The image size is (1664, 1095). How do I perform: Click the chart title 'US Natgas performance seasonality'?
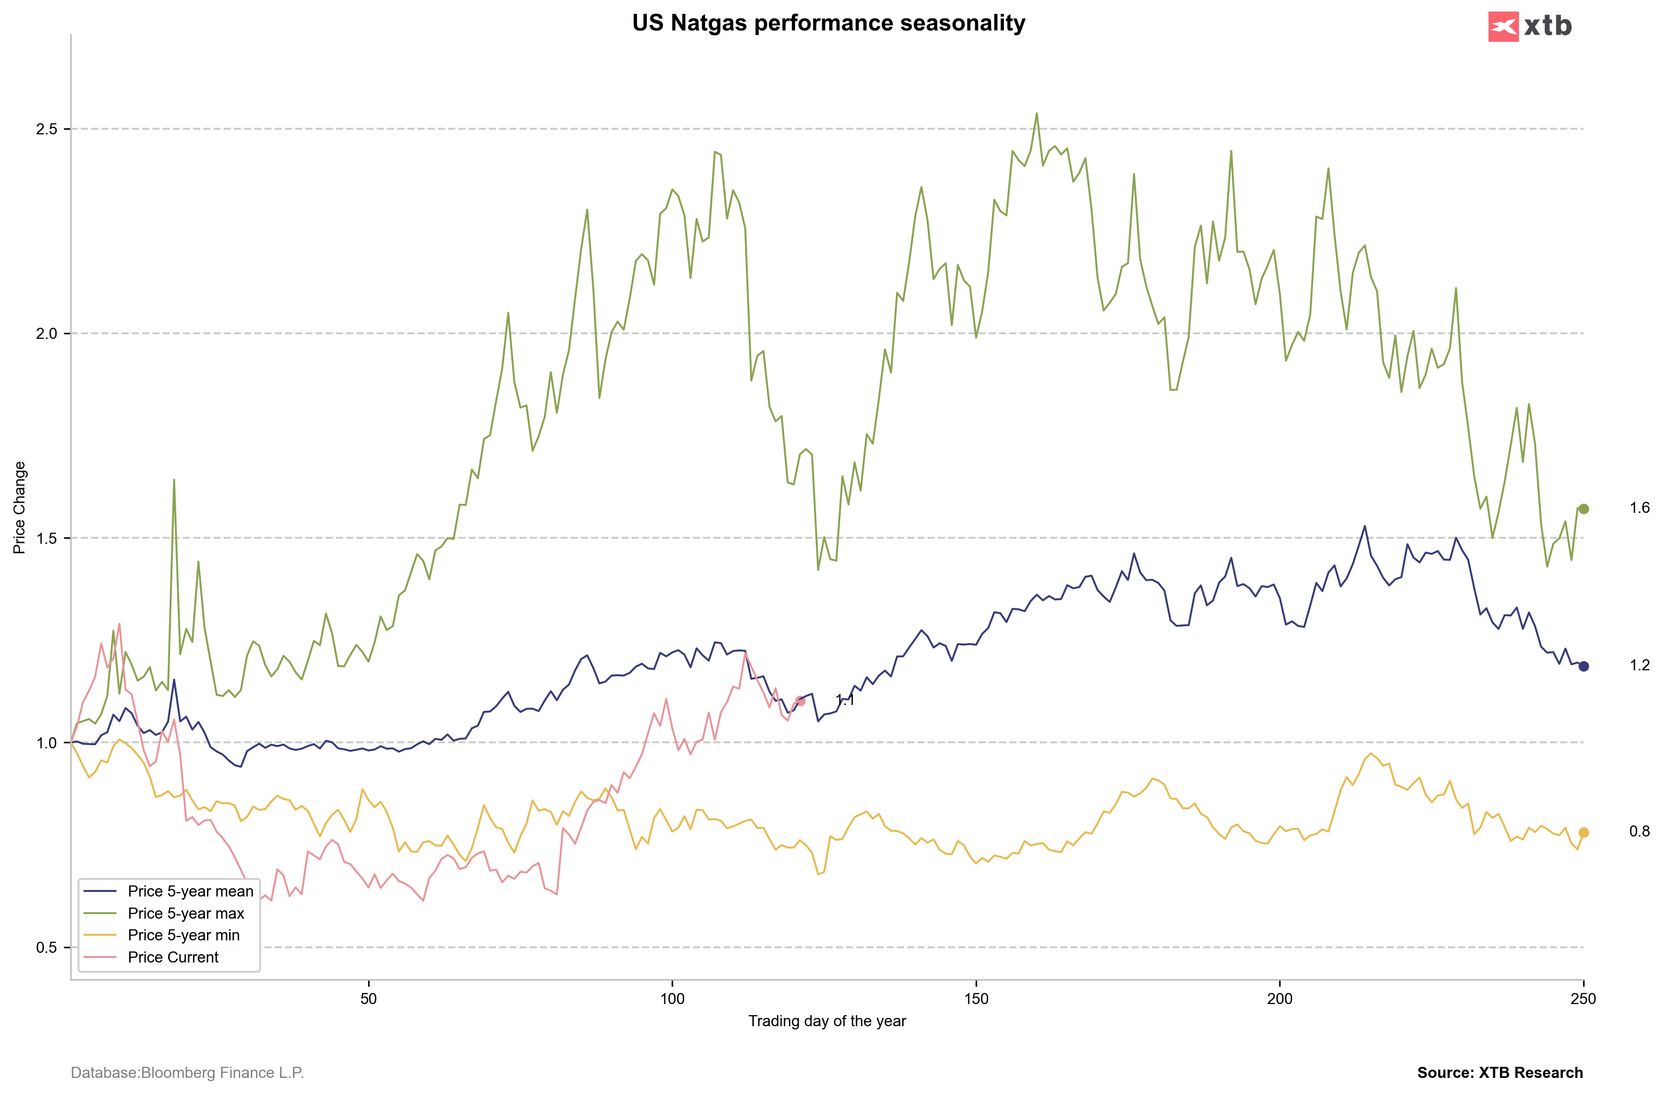click(x=828, y=23)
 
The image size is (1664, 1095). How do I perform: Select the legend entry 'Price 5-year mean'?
click(x=190, y=891)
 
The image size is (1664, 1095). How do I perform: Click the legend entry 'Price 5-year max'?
click(x=186, y=913)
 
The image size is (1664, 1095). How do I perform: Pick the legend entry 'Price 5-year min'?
click(x=183, y=935)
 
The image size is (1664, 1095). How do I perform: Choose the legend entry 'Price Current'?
click(x=173, y=957)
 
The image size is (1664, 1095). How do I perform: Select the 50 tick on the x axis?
click(x=369, y=999)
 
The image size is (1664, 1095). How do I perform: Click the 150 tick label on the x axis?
click(x=976, y=999)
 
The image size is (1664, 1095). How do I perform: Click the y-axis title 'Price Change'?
click(x=19, y=507)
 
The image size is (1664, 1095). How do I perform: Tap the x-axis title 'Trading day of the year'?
click(x=827, y=1021)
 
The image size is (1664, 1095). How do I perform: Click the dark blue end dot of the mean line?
click(x=1584, y=666)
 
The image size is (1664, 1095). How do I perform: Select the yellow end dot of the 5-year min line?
click(x=1584, y=832)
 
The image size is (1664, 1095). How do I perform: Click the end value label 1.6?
click(x=1640, y=508)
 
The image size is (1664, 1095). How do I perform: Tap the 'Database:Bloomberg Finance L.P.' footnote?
click(x=188, y=1073)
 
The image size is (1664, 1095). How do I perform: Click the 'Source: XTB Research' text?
click(x=1500, y=1073)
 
